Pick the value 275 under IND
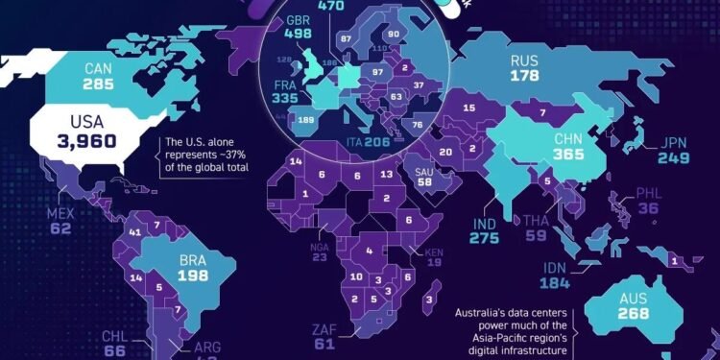[485, 236]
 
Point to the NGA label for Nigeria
[320, 245]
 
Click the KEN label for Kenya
[435, 252]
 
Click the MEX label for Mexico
[60, 211]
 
